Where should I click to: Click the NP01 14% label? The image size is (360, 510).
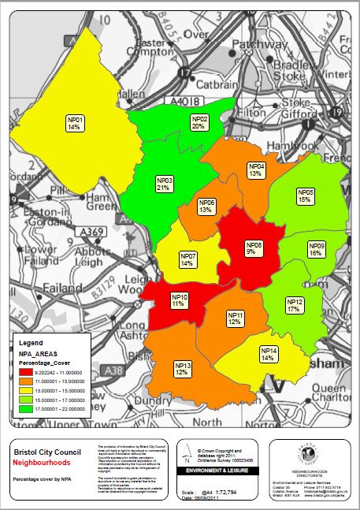(x=75, y=122)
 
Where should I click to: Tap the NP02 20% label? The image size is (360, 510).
(x=199, y=122)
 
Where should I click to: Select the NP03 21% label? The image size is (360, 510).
(x=165, y=184)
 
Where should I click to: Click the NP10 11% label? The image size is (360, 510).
(x=180, y=300)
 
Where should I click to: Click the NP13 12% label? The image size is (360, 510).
(x=183, y=368)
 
